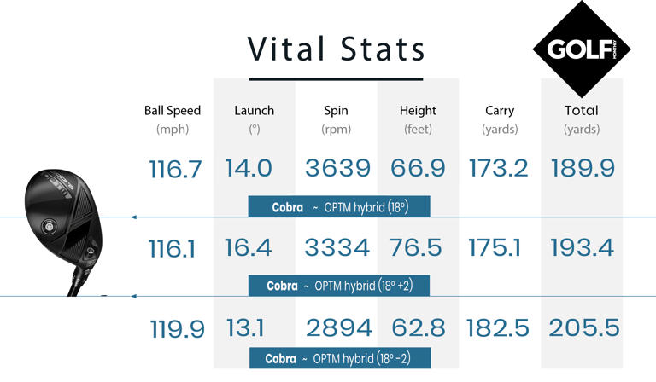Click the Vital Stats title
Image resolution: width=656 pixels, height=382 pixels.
point(336,49)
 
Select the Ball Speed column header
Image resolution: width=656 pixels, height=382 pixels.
point(173,111)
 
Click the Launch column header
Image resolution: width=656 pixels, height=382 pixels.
point(254,111)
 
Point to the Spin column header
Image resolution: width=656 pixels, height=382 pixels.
point(337,111)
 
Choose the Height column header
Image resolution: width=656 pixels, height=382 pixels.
point(418,111)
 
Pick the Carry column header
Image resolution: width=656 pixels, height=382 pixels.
point(500,111)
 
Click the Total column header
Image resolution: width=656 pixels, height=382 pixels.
point(581,111)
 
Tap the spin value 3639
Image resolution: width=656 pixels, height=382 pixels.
point(337,168)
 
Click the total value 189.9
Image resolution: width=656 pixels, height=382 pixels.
point(583,168)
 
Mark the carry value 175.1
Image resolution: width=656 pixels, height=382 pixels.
point(500,248)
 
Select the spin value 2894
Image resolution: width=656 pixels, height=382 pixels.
point(337,328)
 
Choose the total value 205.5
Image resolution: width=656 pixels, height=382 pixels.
point(583,328)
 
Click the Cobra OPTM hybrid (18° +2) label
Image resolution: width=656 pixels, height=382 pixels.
point(338,286)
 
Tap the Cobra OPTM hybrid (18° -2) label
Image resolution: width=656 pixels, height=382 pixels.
point(338,359)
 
